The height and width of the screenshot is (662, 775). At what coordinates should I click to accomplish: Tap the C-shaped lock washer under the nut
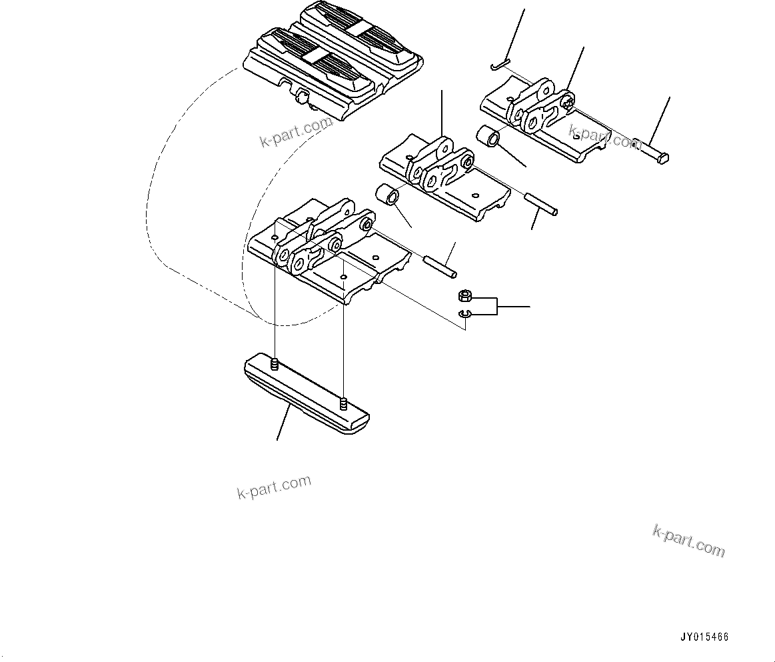[x=464, y=315]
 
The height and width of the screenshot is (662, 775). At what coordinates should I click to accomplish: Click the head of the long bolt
[x=662, y=159]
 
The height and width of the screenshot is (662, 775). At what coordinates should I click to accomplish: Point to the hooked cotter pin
[x=498, y=65]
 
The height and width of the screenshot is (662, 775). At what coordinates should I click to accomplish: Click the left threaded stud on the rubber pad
[x=275, y=363]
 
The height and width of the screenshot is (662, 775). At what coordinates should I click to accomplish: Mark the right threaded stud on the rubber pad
[x=343, y=403]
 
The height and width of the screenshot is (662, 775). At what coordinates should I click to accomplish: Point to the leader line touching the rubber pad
[x=283, y=424]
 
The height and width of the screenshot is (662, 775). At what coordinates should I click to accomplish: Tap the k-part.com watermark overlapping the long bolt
[x=605, y=139]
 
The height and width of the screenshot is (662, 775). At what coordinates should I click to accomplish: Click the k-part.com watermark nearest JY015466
[x=688, y=541]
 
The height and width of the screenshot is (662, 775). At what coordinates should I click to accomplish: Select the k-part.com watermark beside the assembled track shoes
[x=296, y=131]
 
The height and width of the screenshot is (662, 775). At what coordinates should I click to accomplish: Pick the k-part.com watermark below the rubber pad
[x=274, y=487]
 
